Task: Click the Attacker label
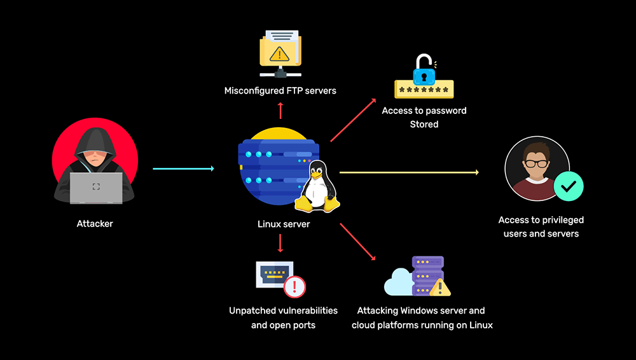click(95, 224)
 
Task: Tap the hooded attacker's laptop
click(96, 188)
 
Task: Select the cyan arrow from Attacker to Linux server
click(183, 169)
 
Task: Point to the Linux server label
click(284, 224)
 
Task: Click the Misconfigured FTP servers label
click(280, 91)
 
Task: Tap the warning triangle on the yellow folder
click(279, 53)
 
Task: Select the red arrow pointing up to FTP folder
click(280, 110)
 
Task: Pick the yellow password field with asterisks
click(424, 89)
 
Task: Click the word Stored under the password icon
click(424, 125)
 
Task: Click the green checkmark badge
click(568, 186)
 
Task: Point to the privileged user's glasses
click(536, 163)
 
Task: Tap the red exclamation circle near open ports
click(294, 286)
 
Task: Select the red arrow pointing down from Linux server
click(280, 244)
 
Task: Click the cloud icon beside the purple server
click(399, 282)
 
